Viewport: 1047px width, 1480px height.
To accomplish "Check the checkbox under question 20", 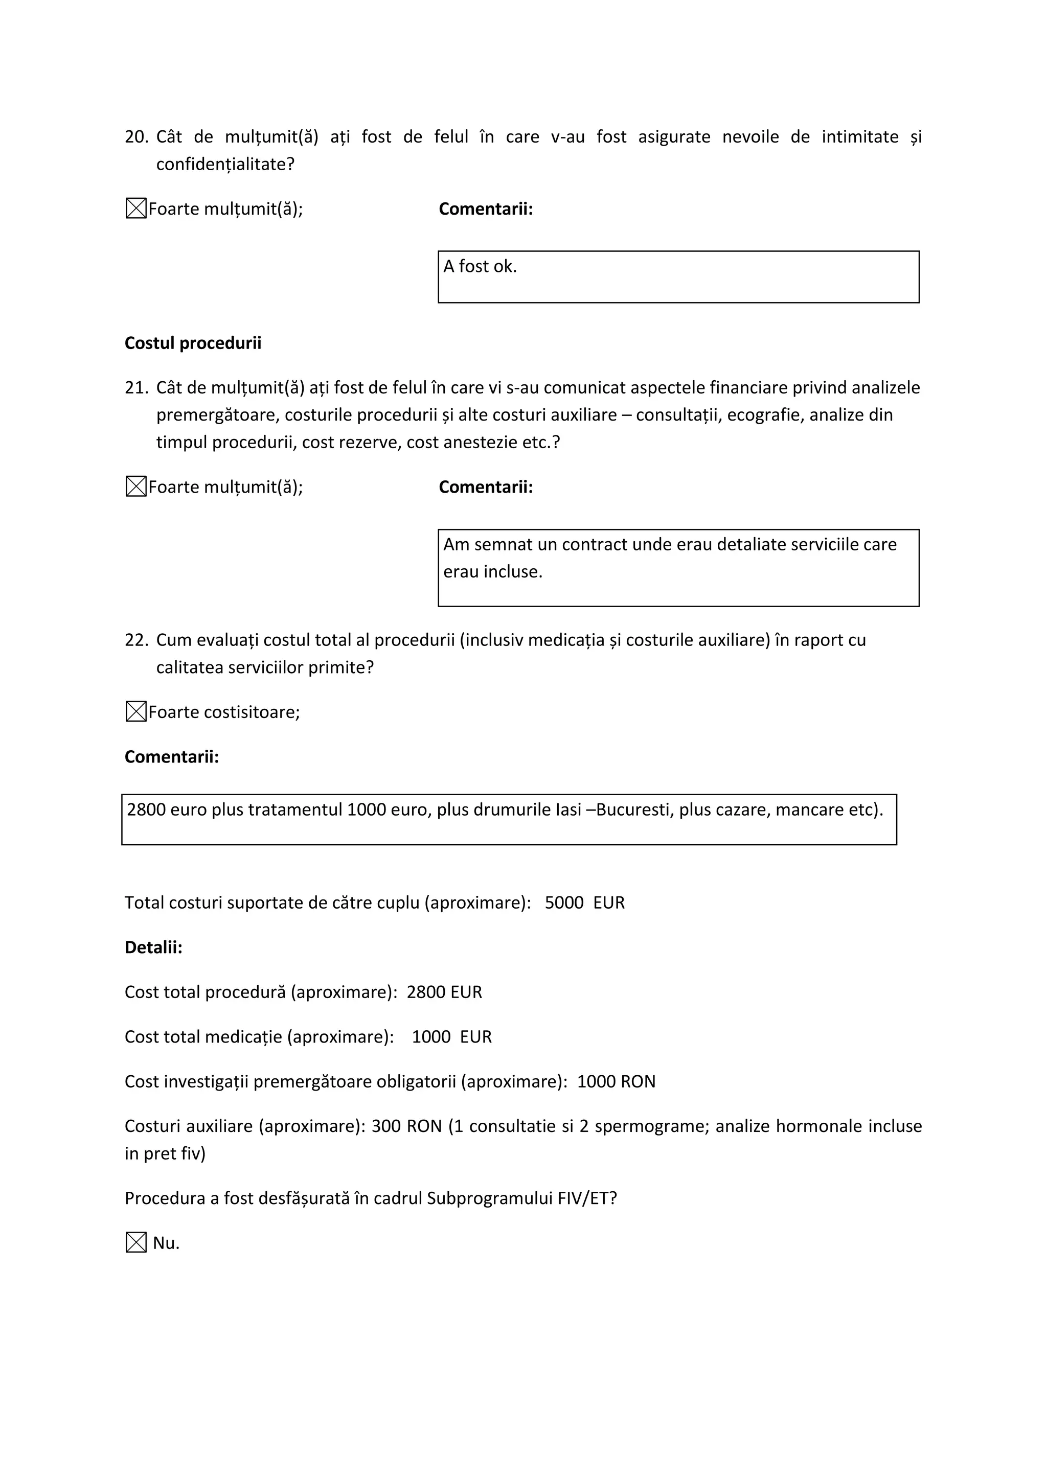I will click(136, 209).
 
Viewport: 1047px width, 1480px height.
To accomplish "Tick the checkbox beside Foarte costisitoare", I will click(136, 712).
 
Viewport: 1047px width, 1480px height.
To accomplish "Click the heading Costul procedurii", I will click(193, 343).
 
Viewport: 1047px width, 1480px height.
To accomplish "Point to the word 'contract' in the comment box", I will click(594, 545).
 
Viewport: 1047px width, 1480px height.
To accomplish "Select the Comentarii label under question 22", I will click(171, 757).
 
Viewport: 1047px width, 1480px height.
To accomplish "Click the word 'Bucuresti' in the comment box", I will click(634, 810).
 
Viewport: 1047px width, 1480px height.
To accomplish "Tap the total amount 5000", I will click(564, 903).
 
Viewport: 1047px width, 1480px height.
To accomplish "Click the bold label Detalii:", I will click(153, 947).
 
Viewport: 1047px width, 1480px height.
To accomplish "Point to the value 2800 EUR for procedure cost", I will click(444, 992).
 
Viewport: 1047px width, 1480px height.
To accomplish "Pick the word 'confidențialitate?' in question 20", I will click(225, 165).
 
